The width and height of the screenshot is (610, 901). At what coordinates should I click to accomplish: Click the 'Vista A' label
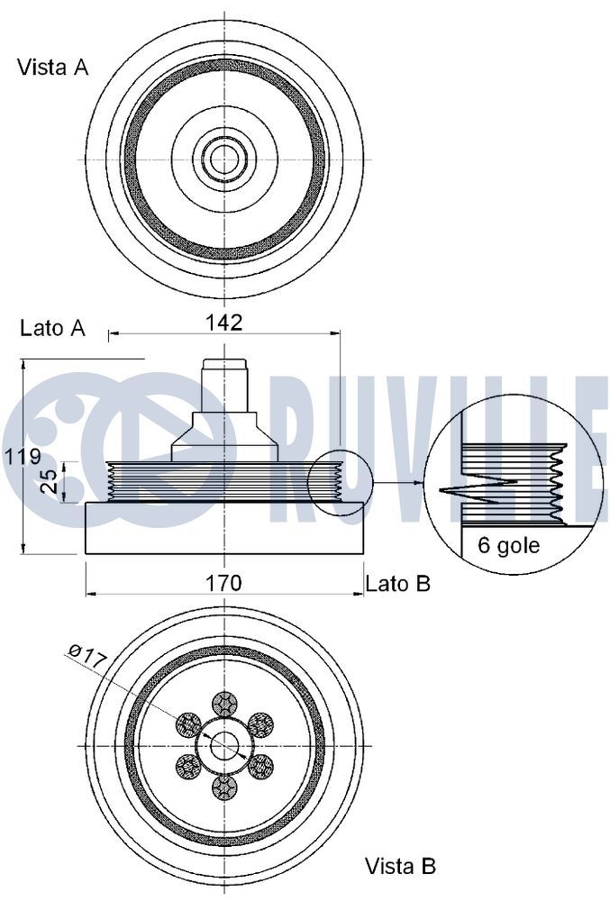[x=53, y=68]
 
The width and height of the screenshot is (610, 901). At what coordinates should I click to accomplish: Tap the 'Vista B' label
[x=400, y=865]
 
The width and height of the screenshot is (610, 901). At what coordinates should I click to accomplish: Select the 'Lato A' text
[x=53, y=328]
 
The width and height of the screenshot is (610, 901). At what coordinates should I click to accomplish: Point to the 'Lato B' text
[x=398, y=584]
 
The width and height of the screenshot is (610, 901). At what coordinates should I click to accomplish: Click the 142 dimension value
[x=224, y=323]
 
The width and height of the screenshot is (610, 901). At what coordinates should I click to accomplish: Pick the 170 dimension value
[x=224, y=583]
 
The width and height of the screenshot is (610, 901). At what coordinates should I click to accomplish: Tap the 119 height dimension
[x=23, y=457]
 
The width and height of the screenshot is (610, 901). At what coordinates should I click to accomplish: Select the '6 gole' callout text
[x=509, y=544]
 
